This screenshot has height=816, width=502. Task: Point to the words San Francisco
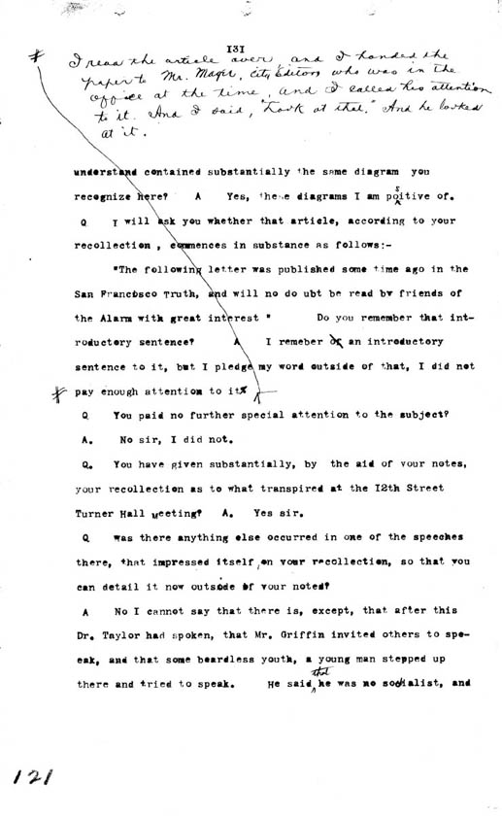pos(114,293)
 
